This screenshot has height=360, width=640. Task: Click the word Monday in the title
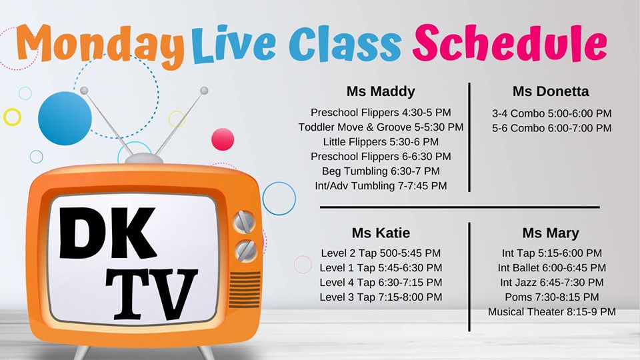pos(100,46)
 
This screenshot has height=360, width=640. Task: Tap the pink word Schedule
pos(510,43)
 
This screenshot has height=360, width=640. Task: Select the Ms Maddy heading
pos(381,91)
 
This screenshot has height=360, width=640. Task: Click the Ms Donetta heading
pos(551,91)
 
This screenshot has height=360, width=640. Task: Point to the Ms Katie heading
pos(381,233)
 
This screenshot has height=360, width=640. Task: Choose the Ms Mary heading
pos(551,233)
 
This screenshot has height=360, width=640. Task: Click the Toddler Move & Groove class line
pos(381,127)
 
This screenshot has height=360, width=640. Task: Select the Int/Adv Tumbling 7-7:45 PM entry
pos(381,186)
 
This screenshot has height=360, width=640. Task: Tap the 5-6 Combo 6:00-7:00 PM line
pos(551,128)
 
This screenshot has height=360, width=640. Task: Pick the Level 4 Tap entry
pos(381,283)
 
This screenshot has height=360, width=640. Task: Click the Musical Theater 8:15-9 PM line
pos(551,312)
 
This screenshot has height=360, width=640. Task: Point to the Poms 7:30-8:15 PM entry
pos(551,297)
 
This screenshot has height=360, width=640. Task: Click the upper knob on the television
pos(244,222)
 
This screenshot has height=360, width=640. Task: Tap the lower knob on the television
pos(246,251)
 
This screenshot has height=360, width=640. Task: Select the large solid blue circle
pos(65,119)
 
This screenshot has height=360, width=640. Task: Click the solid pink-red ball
pos(223,139)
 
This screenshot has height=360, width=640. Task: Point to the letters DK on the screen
pos(107,233)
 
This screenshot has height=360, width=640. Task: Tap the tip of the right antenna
pos(204,90)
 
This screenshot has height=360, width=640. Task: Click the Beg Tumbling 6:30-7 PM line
pos(381,171)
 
